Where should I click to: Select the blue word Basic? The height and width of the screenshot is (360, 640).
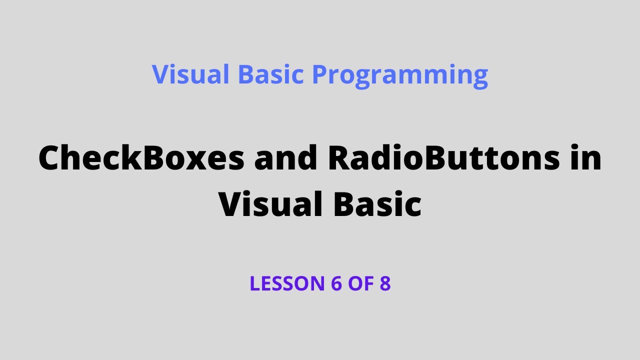click(270, 74)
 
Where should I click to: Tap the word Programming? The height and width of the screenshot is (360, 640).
click(400, 75)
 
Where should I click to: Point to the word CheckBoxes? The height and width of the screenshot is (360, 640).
click(141, 158)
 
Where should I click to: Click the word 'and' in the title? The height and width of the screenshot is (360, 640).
click(286, 158)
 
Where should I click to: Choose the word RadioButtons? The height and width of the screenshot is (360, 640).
click(443, 158)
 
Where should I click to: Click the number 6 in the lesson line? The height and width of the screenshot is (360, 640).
click(335, 283)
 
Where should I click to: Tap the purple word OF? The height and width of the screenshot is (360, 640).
click(361, 283)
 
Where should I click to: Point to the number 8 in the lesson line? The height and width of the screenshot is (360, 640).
click(385, 283)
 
